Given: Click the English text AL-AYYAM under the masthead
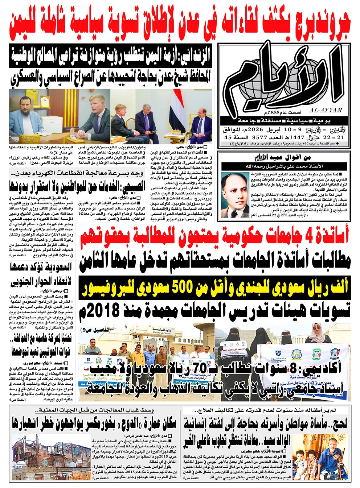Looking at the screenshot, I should pos(326,110).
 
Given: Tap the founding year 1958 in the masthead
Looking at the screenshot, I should pos(272,113).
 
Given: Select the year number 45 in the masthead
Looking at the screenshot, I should pos(228,138).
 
